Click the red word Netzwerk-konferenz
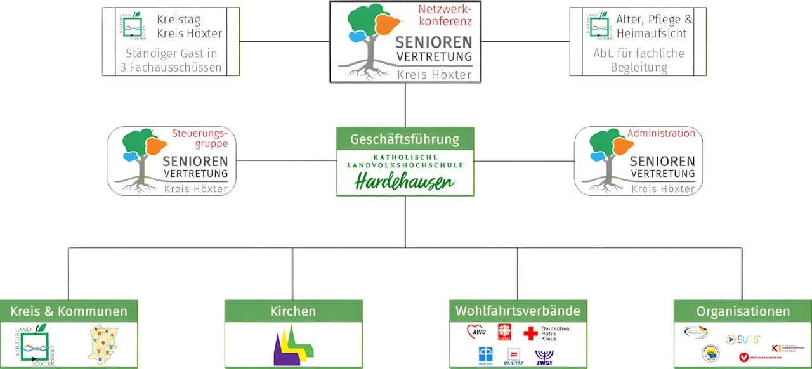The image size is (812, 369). point(445,16)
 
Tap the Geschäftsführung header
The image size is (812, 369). point(405,139)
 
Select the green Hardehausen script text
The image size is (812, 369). point(405,182)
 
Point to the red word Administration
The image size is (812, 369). point(661,133)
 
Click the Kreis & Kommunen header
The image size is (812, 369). point(69,311)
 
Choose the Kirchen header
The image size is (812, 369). point(293,311)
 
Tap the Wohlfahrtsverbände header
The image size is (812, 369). point(518,311)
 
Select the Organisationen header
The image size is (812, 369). point(743,311)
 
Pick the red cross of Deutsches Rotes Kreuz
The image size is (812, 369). point(530,333)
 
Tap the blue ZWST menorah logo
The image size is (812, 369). point(544,356)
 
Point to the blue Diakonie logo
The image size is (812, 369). point(485,354)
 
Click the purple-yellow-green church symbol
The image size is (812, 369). point(293,346)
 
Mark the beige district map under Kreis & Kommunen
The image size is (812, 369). point(104,346)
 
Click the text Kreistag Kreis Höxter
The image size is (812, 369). point(189,26)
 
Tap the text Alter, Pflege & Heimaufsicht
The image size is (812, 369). point(653,26)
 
